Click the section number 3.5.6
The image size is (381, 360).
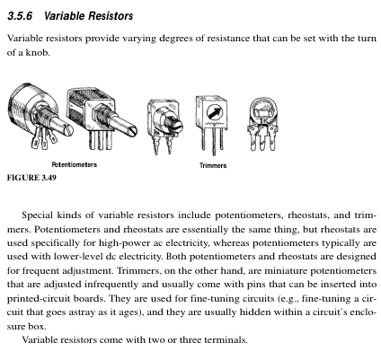pos(20,16)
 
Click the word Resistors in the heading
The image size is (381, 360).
pos(110,16)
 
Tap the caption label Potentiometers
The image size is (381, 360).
pos(75,164)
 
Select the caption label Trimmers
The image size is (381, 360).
pos(213,165)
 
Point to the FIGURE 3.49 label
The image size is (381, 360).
pos(31,178)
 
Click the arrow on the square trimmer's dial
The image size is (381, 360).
pos(215,113)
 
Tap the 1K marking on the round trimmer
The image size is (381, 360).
pos(264,121)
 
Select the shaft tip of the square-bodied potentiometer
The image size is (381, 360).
pos(132,130)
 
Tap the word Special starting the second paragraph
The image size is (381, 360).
pos(37,215)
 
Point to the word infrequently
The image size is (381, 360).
pos(111,285)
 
